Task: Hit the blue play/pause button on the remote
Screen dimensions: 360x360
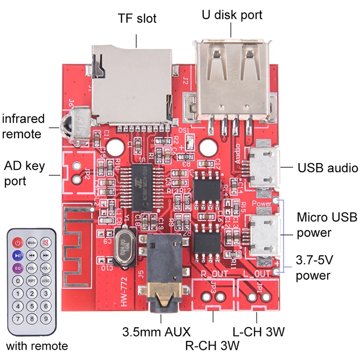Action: coord(17,255)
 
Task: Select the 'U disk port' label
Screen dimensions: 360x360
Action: coord(231,15)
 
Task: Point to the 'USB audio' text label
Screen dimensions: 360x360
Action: coord(328,168)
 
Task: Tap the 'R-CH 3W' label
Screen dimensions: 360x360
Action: coord(212,346)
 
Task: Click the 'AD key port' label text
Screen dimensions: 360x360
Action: coord(24,173)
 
